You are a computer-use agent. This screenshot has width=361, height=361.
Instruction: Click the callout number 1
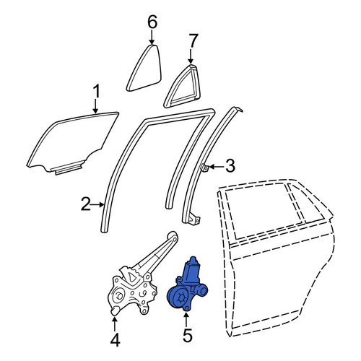(x=96, y=92)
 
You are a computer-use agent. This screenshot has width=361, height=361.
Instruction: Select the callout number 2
(x=86, y=204)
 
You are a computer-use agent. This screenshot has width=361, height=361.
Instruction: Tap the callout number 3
(x=230, y=166)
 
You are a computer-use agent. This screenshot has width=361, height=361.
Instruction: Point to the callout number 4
(x=115, y=339)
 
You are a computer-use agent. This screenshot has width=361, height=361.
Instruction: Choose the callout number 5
(x=188, y=335)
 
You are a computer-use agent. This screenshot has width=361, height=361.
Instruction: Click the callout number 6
(x=152, y=22)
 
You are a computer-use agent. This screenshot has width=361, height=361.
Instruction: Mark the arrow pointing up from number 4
(x=115, y=324)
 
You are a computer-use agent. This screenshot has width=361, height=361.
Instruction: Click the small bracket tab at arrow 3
(x=204, y=168)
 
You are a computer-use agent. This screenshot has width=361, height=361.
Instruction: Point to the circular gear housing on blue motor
(x=178, y=298)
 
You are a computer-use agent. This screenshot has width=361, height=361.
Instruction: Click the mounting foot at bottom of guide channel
(x=194, y=219)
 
